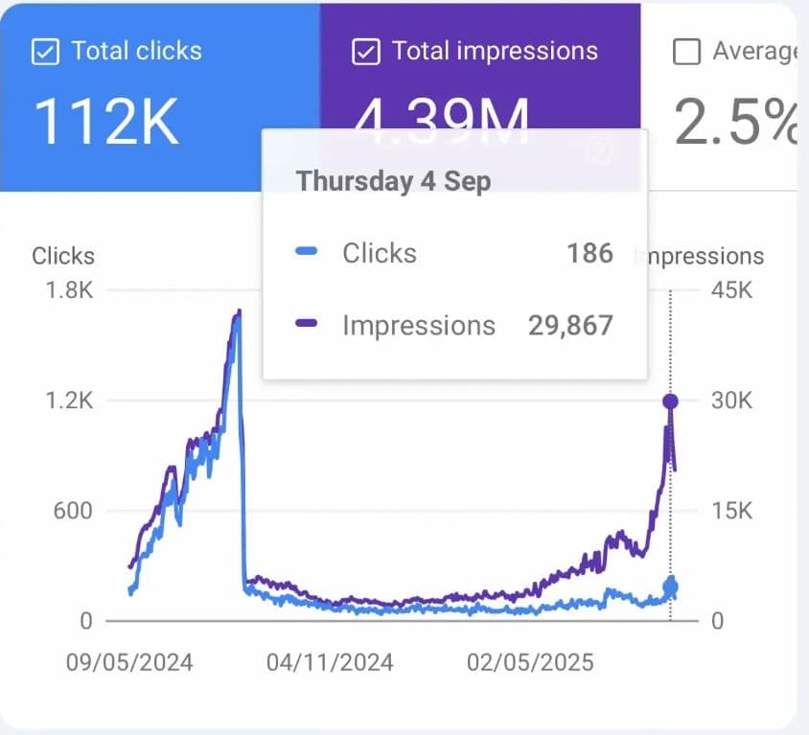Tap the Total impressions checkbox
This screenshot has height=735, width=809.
click(x=365, y=52)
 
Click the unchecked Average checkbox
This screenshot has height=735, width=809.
click(x=686, y=52)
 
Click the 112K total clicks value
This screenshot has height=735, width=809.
click(x=106, y=122)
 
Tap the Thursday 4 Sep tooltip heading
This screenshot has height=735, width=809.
click(x=393, y=181)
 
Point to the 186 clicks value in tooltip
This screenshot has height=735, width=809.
click(x=589, y=253)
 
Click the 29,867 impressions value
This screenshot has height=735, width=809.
click(x=569, y=326)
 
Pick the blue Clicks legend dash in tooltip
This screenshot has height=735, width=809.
click(x=307, y=253)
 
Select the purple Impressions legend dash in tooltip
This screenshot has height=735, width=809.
click(x=307, y=326)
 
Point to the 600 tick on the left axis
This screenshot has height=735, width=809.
click(x=73, y=511)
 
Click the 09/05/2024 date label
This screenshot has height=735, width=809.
click(x=128, y=662)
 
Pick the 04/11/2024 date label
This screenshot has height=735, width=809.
click(x=330, y=662)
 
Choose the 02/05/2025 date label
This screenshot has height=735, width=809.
click(x=530, y=662)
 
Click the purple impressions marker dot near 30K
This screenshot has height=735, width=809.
click(x=670, y=402)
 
